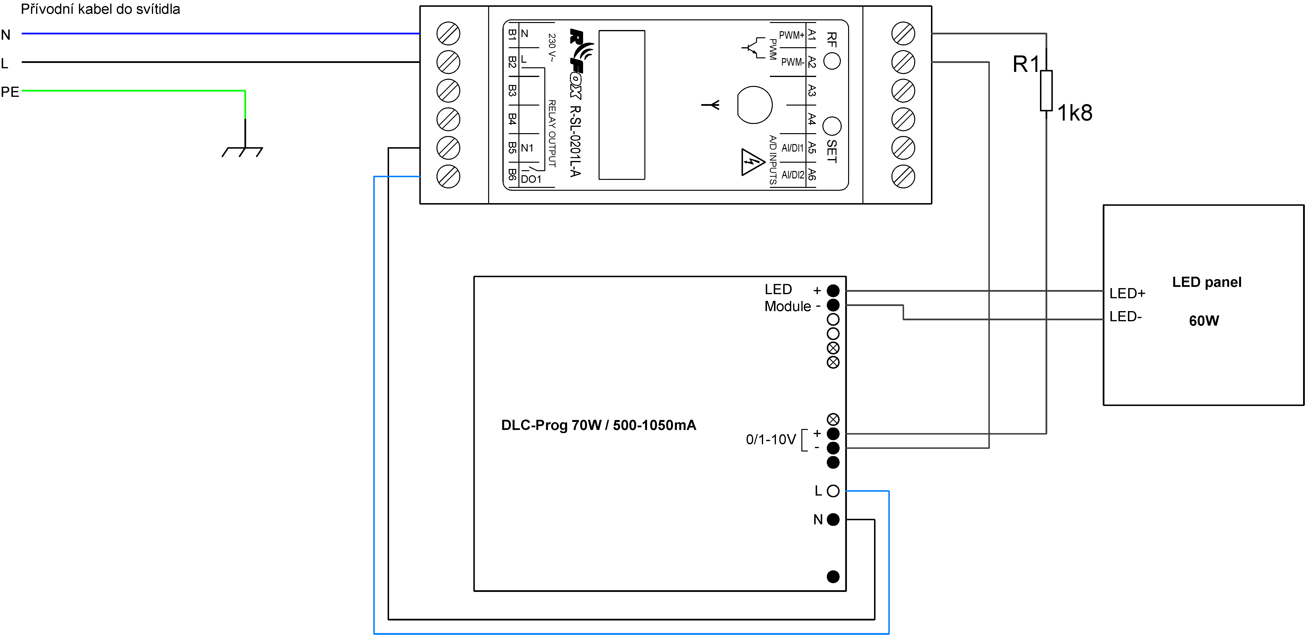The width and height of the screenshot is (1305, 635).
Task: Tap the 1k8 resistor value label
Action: click(x=1074, y=113)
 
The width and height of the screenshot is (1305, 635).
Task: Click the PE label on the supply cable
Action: click(x=10, y=92)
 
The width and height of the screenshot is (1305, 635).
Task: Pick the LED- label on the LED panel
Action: click(x=1125, y=316)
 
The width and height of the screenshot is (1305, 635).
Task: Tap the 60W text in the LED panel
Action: click(x=1204, y=321)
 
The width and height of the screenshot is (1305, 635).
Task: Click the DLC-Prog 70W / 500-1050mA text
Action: click(x=598, y=425)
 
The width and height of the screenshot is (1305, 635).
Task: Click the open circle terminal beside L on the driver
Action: click(x=833, y=491)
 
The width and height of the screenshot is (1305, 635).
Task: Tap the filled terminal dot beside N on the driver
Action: click(x=833, y=520)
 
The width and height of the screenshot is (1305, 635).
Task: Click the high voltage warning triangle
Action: click(x=752, y=162)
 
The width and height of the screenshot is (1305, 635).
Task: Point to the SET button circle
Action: click(x=832, y=126)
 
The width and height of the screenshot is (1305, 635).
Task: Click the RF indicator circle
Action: click(x=832, y=61)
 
